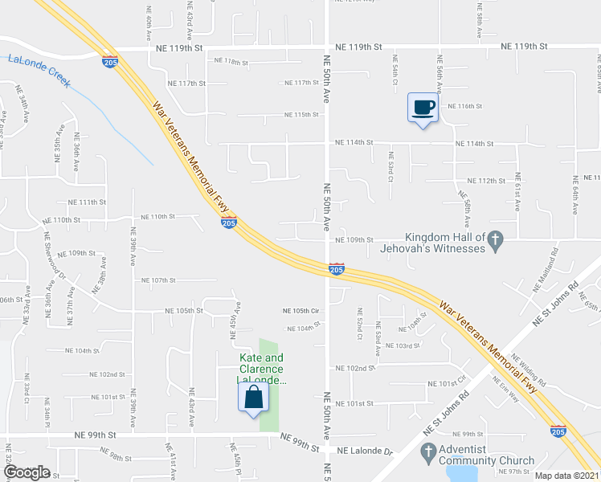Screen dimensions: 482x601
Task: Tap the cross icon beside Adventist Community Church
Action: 427,451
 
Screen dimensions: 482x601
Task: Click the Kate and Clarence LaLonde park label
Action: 262,369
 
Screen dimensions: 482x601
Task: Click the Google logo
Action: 27,472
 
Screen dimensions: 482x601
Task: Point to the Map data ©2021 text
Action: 566,476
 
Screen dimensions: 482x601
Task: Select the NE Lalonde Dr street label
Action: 365,451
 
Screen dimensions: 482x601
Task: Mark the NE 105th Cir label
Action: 301,311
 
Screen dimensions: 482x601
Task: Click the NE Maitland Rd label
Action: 546,273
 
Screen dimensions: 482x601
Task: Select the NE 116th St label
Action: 464,106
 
